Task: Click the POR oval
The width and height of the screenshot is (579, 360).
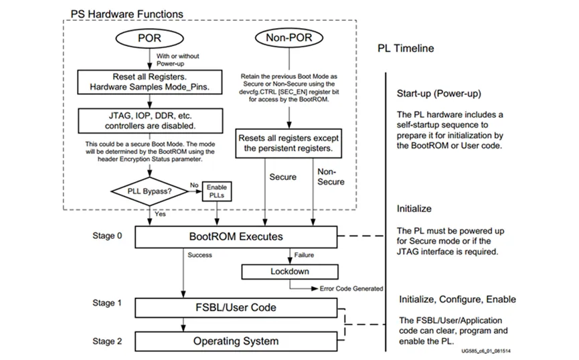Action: [x=149, y=38]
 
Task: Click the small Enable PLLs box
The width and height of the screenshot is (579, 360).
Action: [x=217, y=192]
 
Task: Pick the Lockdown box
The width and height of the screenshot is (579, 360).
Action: [x=288, y=272]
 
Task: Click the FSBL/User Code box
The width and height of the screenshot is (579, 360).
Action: [x=236, y=307]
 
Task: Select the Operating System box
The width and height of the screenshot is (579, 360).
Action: [x=236, y=341]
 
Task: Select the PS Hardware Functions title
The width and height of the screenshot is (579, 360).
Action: [x=127, y=13]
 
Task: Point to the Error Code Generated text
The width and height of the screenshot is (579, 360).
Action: [x=350, y=288]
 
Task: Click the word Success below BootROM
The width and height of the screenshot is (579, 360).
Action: [x=200, y=255]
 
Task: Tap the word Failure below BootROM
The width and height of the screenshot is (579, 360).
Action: [x=305, y=255]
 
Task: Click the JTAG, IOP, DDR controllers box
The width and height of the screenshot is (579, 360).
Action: [x=149, y=120]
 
